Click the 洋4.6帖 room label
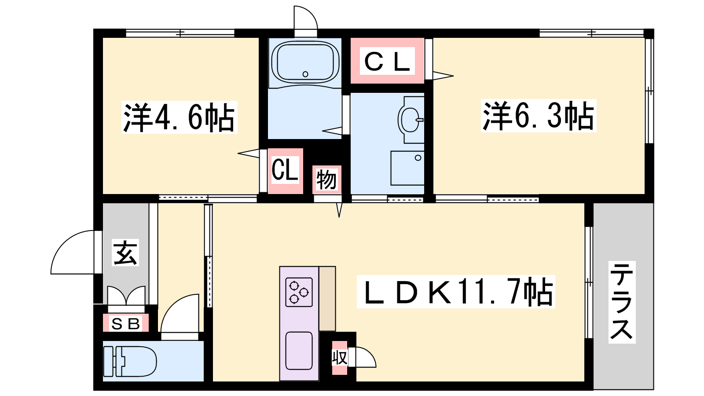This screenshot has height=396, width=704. pyautogui.click(x=179, y=117)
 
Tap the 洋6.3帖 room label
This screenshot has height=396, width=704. pyautogui.click(x=539, y=116)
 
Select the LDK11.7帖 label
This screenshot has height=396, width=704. pyautogui.click(x=456, y=291)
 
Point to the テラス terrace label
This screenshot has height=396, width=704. pyautogui.click(x=622, y=302)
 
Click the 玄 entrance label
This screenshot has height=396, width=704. pyautogui.click(x=125, y=253)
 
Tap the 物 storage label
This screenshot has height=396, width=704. pyautogui.click(x=326, y=180)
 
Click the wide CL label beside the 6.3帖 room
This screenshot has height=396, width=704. pyautogui.click(x=387, y=61)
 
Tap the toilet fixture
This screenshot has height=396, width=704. pyautogui.click(x=130, y=361)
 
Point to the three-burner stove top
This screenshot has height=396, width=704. pyautogui.click(x=299, y=292)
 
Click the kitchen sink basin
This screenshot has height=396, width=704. pyautogui.click(x=299, y=351)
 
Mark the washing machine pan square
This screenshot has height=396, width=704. pyautogui.click(x=407, y=168)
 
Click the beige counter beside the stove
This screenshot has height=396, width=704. pyautogui.click(x=327, y=299)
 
